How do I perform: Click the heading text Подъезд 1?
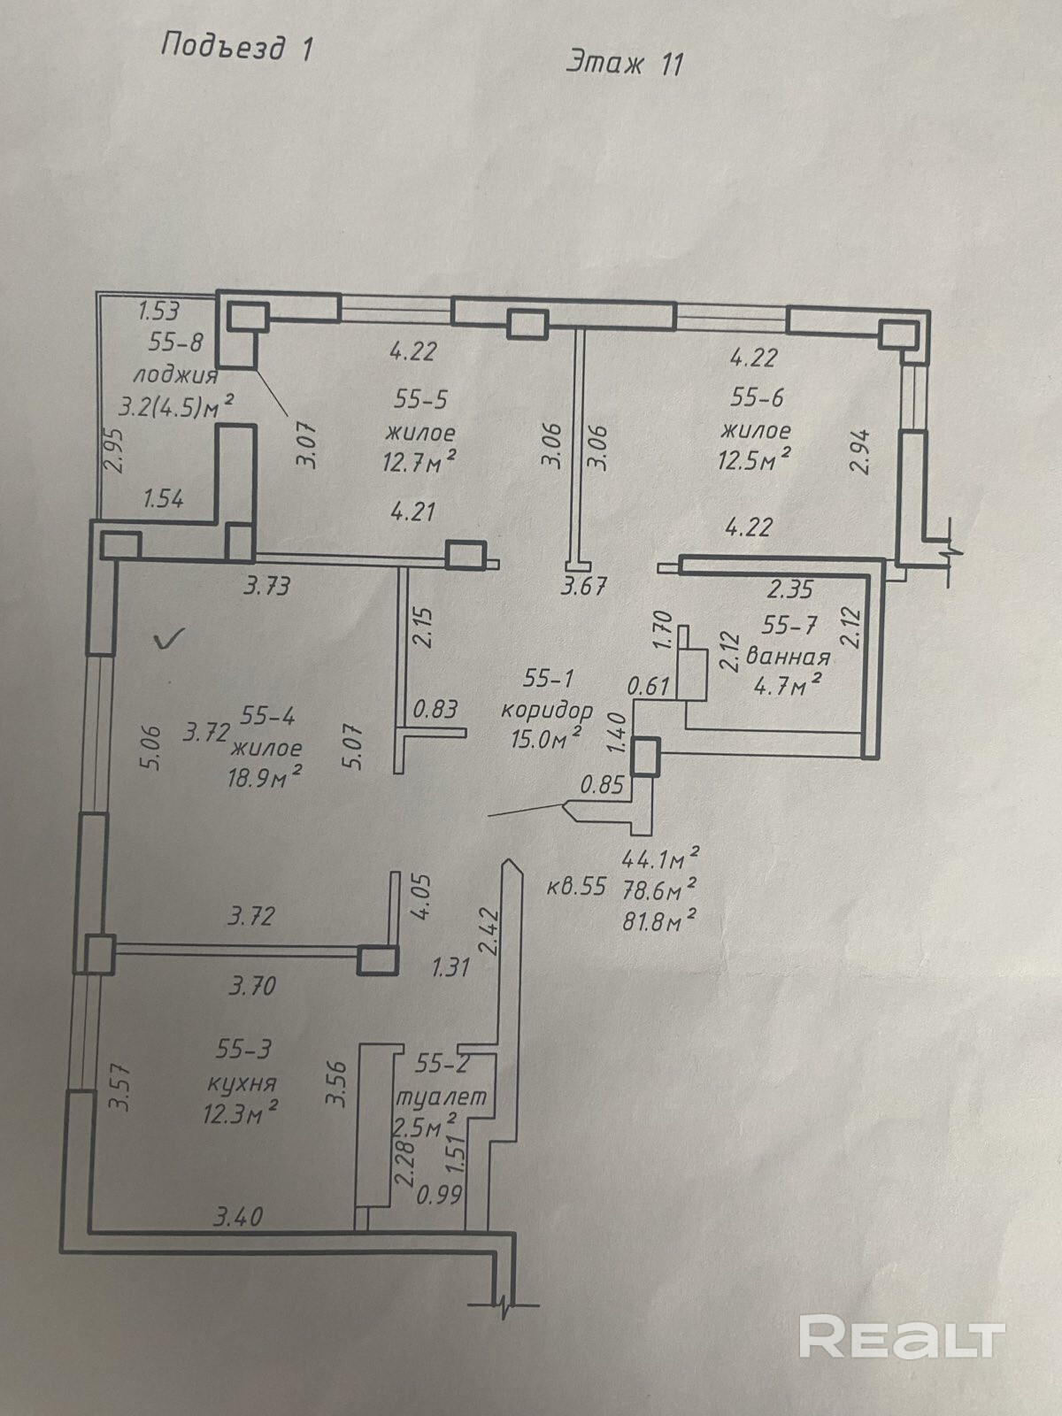click(x=236, y=46)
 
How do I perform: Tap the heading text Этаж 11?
click(x=625, y=63)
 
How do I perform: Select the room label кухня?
click(x=242, y=1082)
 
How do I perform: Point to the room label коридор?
click(x=547, y=709)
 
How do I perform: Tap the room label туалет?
click(x=440, y=1096)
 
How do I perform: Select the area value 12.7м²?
click(x=419, y=462)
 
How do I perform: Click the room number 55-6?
click(x=757, y=397)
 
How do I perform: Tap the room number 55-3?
click(x=243, y=1050)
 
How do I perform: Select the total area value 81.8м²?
click(x=660, y=920)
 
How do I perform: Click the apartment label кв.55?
click(x=576, y=887)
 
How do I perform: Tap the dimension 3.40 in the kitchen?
click(x=238, y=1218)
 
